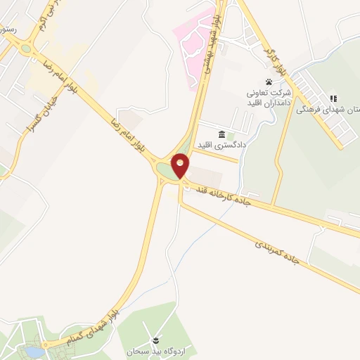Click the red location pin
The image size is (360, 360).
[x=181, y=165]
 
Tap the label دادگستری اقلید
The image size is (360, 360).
[x=205, y=145]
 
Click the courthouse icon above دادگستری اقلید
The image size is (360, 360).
[x=221, y=134]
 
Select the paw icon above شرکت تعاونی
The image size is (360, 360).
[x=268, y=82]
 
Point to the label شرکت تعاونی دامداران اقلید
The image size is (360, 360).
[x=267, y=97]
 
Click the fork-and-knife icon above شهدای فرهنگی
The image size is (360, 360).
[x=333, y=98]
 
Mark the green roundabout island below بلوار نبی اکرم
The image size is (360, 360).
[x=27, y=49]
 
